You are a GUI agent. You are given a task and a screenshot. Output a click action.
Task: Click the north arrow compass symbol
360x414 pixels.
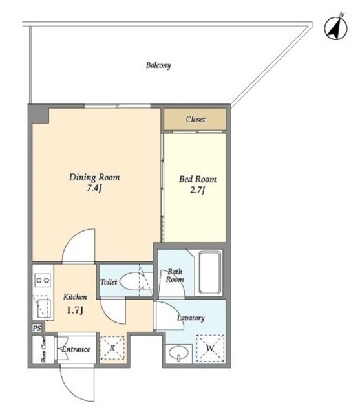click(335, 28)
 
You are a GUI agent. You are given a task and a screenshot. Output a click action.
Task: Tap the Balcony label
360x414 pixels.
click(158, 65)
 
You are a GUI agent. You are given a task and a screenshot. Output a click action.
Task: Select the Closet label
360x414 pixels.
click(195, 119)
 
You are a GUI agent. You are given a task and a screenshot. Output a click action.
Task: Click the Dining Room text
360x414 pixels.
click(94, 177)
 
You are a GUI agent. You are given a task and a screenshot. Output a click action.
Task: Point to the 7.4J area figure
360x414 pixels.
click(94, 188)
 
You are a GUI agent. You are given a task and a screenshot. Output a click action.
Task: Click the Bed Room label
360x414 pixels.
click(198, 179)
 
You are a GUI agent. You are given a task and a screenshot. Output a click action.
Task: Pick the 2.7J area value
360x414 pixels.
click(198, 190)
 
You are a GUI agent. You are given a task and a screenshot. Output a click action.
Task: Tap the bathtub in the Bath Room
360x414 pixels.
click(209, 272)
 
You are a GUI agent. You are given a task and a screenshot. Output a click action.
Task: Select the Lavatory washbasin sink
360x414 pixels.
click(178, 352)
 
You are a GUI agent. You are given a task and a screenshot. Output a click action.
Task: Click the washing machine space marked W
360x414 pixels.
click(210, 348)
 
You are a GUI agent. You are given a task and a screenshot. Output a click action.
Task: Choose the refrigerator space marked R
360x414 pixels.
click(112, 348)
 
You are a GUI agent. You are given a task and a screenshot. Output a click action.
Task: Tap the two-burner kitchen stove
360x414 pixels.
click(43, 280)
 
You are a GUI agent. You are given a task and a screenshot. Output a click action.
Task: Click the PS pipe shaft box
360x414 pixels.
click(37, 328)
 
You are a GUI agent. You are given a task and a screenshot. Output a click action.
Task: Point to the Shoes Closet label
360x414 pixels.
click(43, 349)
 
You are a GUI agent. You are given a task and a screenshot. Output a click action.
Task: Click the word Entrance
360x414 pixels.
click(76, 349)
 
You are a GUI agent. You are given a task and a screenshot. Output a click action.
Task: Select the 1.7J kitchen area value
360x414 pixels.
click(75, 310)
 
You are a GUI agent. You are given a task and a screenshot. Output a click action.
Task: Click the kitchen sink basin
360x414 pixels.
click(43, 308)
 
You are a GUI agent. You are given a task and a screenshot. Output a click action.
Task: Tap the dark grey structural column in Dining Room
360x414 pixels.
click(39, 114)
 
